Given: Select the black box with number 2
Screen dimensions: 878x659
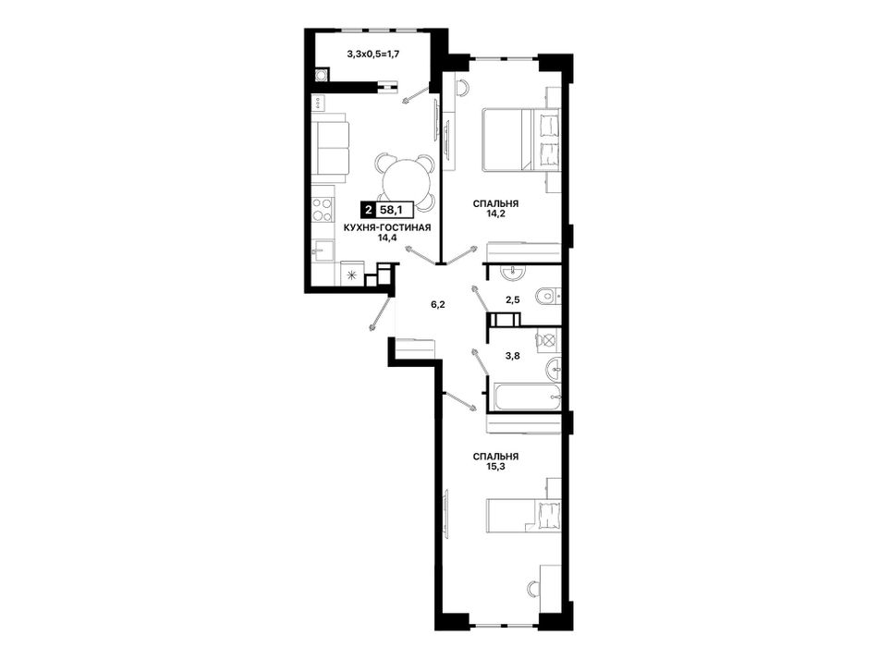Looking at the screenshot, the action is (367, 211).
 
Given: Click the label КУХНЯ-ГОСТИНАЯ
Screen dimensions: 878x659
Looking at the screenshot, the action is (387, 227).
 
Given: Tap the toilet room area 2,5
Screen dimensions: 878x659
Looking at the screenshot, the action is (512, 300).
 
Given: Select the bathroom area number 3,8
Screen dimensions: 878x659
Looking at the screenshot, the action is (512, 354).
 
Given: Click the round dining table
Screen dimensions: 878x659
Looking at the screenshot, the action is (404, 181).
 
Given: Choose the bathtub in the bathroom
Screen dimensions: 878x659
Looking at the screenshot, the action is (526, 397).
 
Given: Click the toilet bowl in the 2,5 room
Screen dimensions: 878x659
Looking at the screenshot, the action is (545, 296).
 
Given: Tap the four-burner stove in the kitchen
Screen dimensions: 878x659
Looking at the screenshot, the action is (323, 210).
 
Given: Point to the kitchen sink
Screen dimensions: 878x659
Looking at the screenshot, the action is (323, 250).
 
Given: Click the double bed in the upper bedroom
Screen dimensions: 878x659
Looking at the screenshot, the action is (520, 140).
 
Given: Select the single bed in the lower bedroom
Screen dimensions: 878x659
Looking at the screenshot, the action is (523, 515).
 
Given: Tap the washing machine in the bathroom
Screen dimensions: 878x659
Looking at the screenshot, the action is (548, 339).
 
